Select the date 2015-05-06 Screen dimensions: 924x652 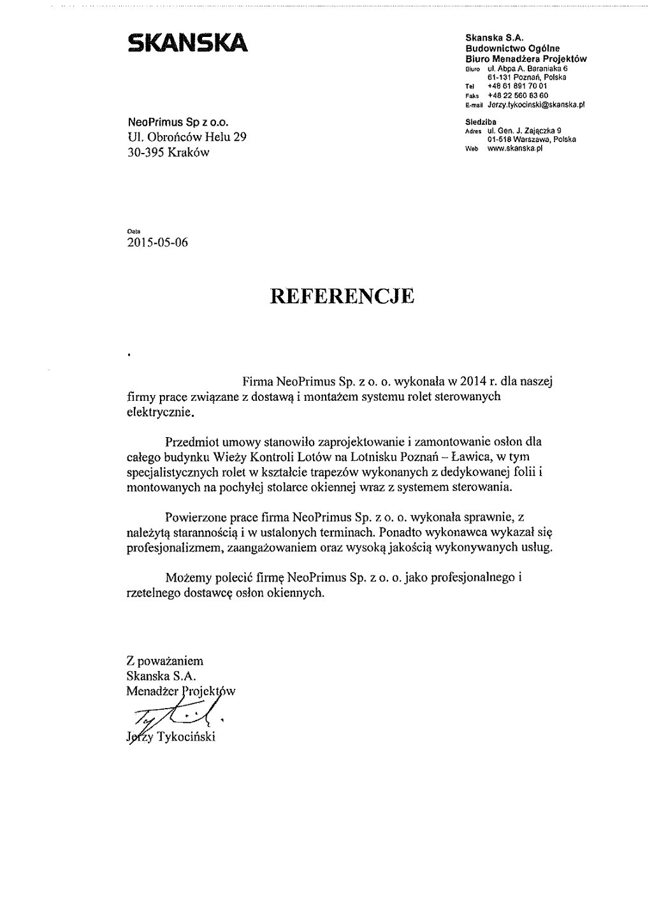[158, 242]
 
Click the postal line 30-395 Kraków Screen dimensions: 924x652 [168, 152]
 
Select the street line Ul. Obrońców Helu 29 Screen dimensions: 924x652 [187, 136]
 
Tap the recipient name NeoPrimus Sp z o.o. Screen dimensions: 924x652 [178, 121]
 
